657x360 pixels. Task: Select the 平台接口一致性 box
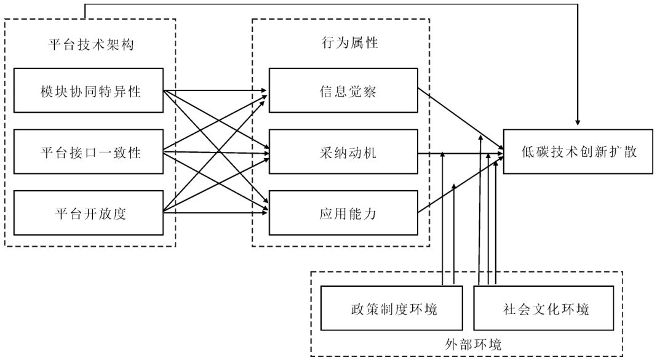89,153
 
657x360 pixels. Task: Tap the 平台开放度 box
89,213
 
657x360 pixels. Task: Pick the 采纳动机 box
343,153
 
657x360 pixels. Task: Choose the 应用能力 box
343,213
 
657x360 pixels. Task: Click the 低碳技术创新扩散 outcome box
578,151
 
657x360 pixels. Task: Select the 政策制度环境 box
391,308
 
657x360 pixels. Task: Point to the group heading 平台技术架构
90,44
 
